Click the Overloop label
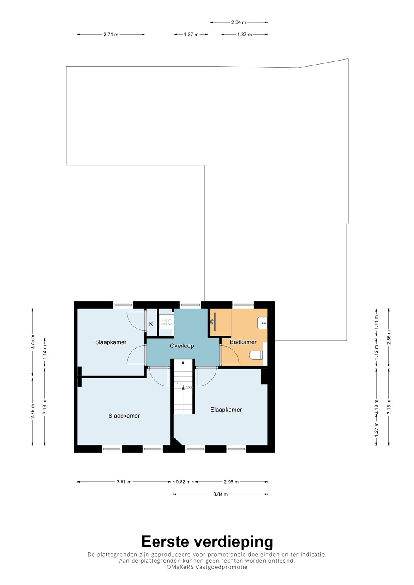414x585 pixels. (x=182, y=346)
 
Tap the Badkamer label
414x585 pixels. (x=243, y=342)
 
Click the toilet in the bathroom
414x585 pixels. (x=256, y=355)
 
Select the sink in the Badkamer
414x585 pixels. (x=262, y=323)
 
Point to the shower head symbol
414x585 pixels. (x=212, y=322)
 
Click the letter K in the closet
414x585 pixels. (x=151, y=324)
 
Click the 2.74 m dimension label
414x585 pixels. (x=111, y=35)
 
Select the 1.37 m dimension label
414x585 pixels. (x=191, y=35)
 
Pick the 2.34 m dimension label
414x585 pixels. (x=239, y=22)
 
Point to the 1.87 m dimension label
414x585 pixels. (x=244, y=35)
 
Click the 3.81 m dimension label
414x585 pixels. (x=124, y=482)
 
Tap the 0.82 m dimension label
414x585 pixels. (x=183, y=482)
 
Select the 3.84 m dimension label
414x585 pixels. (x=220, y=494)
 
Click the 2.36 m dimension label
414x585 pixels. (x=389, y=337)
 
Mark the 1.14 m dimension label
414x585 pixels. (x=45, y=352)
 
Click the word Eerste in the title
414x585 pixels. (x=166, y=542)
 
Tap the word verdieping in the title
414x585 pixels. (x=233, y=543)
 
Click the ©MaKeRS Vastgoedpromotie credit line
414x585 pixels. (x=207, y=567)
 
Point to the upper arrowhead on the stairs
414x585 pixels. (x=183, y=362)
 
